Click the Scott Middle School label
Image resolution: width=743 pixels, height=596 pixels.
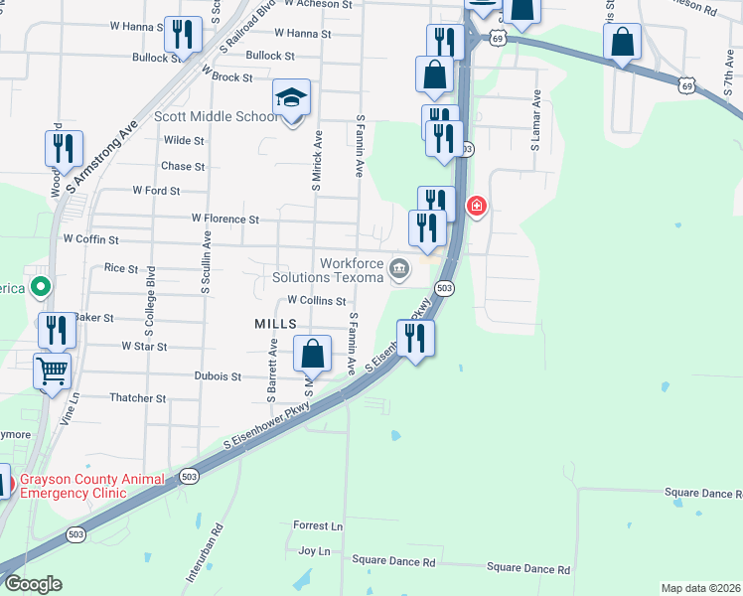pyautogui.click(x=217, y=116)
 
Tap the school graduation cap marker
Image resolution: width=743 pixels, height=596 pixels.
pyautogui.click(x=292, y=98)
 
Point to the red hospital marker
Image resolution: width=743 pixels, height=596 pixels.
pyautogui.click(x=477, y=207)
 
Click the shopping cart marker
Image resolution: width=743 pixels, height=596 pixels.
pyautogui.click(x=54, y=372)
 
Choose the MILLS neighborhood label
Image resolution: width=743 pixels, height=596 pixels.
pyautogui.click(x=275, y=324)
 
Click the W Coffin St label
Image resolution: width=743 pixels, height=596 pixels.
pyautogui.click(x=90, y=239)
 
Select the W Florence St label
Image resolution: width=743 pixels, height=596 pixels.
pyautogui.click(x=225, y=219)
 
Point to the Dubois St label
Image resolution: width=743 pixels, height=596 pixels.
pyautogui.click(x=223, y=377)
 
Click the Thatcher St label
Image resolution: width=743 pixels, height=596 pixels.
pyautogui.click(x=138, y=398)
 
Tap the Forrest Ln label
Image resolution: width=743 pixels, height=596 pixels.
pyautogui.click(x=318, y=525)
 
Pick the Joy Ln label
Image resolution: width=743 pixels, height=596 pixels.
pyautogui.click(x=314, y=550)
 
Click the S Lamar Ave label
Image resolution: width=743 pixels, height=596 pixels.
pyautogui.click(x=535, y=121)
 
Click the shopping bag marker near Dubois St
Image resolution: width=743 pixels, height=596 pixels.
pyautogui.click(x=312, y=353)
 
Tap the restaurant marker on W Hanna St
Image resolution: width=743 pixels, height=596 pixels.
pyautogui.click(x=181, y=35)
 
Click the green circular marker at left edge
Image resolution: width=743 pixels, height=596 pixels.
pyautogui.click(x=40, y=288)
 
